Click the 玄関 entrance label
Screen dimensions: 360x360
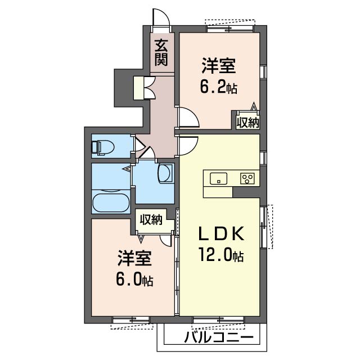161,52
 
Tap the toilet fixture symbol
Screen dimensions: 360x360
102,147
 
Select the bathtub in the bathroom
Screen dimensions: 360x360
111,203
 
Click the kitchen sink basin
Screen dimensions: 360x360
218,179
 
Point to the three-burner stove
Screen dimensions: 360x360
247,179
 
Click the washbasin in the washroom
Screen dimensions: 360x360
165,173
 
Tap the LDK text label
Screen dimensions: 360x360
221,234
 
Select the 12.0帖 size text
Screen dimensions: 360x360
221,254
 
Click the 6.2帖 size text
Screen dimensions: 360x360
219,87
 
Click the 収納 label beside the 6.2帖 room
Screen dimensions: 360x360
248,122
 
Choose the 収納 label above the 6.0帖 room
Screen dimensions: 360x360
151,220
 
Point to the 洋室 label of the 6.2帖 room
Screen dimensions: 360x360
219,66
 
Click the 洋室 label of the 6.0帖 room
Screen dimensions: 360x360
135,259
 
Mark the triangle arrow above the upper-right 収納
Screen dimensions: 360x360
254,106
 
